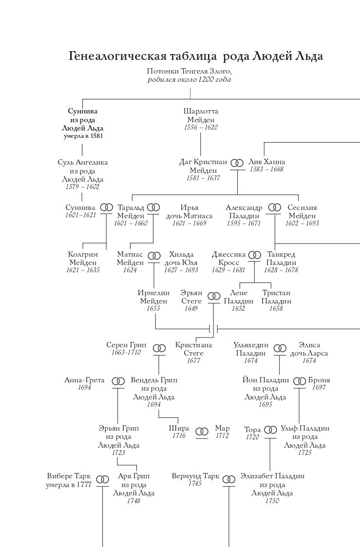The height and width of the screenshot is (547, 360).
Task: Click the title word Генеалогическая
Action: pos(116,57)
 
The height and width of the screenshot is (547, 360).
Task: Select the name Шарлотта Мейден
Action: pos(201,115)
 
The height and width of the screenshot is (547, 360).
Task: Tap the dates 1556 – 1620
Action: pos(201,127)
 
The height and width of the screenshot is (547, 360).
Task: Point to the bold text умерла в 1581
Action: pos(83,136)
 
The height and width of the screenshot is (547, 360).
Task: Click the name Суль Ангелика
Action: pos(83,162)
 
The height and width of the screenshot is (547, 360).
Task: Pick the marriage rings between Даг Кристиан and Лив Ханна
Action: pos(237,163)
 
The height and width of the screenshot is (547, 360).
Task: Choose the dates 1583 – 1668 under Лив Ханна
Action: pos(267,169)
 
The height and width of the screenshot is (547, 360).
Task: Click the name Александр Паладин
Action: pos(244,212)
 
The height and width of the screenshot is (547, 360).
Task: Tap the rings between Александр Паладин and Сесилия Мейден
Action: pos(275,207)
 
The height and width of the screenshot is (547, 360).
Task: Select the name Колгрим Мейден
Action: pos(83,259)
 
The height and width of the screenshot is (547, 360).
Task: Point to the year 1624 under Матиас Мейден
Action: pos(130,270)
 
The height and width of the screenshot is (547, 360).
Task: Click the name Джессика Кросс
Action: pos(229,259)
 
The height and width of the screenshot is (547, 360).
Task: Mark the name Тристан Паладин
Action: pos(276,297)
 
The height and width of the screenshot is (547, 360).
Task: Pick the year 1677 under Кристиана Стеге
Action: pos(193,361)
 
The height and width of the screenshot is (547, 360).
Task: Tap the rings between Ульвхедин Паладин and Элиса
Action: pos(280,348)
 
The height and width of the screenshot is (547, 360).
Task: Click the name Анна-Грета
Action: pos(84,380)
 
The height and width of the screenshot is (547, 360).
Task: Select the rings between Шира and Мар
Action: pos(202,432)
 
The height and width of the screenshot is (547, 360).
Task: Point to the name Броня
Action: pos(319,380)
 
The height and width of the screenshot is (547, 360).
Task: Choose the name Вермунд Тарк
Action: pos(195,476)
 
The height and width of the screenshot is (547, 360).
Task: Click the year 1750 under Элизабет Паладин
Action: pos(272,501)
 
